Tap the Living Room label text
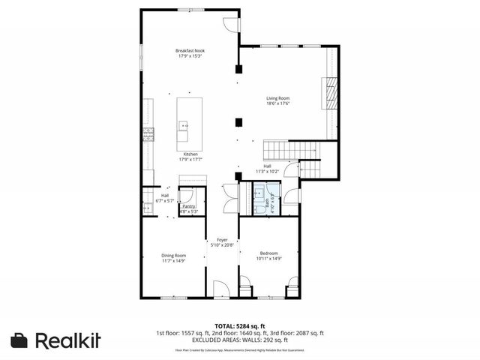point(277,98)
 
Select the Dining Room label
point(173,255)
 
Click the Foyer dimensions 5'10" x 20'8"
point(222,245)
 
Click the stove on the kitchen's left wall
point(148,136)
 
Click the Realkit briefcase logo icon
point(20,340)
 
